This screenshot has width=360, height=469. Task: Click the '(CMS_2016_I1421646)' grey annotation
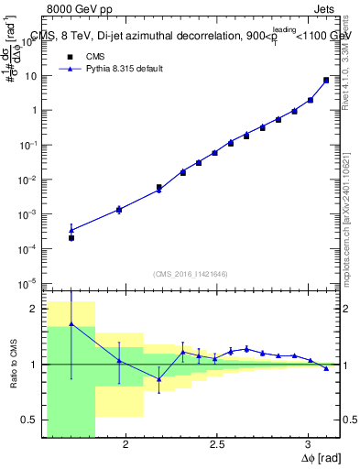(191, 274)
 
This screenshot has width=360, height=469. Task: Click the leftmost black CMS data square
(71, 237)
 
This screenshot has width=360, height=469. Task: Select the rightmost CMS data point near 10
(326, 80)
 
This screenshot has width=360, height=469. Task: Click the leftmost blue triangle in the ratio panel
(71, 324)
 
